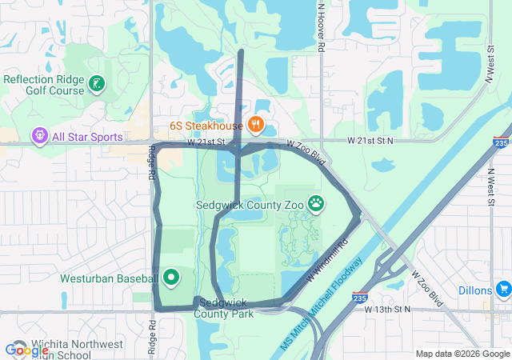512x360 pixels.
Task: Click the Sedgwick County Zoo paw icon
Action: coord(317,203)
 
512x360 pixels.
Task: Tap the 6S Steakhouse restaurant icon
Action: coord(256,125)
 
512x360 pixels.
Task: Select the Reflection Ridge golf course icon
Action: coord(96,83)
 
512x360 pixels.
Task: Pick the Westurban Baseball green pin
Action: coord(170,278)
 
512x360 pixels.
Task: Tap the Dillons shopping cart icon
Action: coord(503,288)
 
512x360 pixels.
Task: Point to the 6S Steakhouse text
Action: coord(206,126)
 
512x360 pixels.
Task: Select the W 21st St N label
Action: coord(370,141)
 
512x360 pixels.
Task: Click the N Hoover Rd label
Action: coord(320,27)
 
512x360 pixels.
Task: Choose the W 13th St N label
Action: coord(387,309)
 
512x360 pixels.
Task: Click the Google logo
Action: coord(26,350)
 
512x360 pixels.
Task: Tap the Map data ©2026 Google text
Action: coord(462,354)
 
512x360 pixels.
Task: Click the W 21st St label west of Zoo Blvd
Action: coord(207,142)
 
